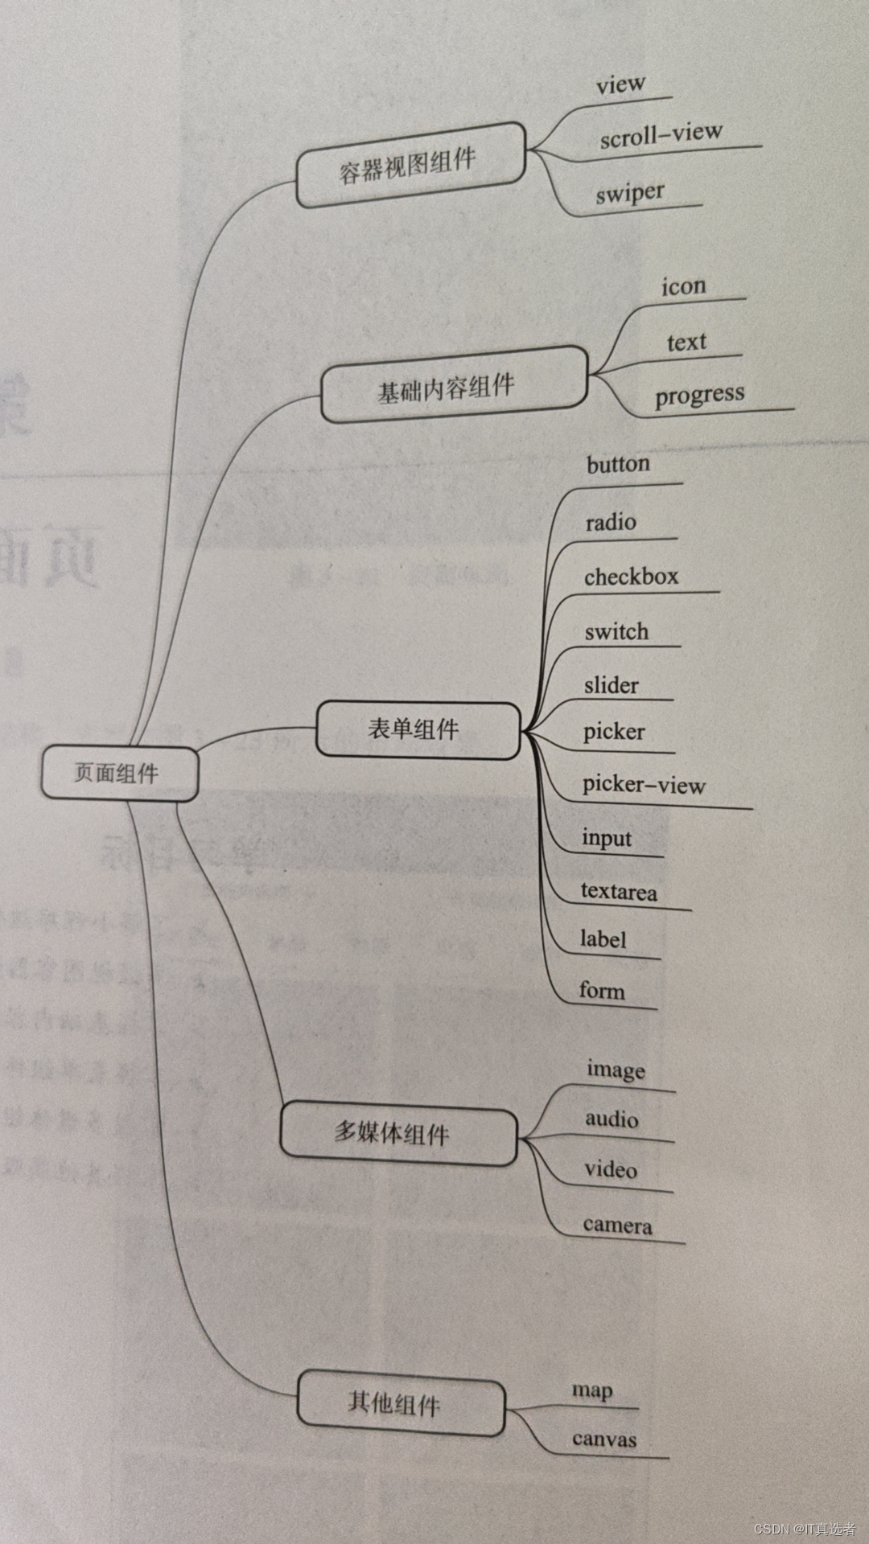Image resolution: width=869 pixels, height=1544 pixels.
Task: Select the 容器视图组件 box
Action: tap(410, 165)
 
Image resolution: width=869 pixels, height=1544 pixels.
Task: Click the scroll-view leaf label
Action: tap(661, 134)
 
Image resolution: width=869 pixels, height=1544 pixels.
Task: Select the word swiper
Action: tap(630, 194)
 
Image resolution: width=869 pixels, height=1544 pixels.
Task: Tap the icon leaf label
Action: tap(683, 286)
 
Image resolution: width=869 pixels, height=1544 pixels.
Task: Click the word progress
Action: tap(699, 395)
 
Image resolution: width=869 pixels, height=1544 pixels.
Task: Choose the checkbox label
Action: tap(631, 577)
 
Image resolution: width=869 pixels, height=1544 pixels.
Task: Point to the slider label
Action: tap(611, 685)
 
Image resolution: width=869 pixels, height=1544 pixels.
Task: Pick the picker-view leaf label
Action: tap(644, 784)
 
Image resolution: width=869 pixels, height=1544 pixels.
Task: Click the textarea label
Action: tap(618, 891)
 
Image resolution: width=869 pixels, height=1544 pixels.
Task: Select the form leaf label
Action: tap(601, 990)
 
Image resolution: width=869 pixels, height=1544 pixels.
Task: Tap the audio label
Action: tap(612, 1119)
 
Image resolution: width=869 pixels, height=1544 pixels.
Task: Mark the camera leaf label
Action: tap(617, 1225)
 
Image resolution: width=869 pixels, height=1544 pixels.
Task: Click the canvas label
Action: tap(603, 1439)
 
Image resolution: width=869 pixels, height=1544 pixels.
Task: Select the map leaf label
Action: tap(592, 1390)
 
